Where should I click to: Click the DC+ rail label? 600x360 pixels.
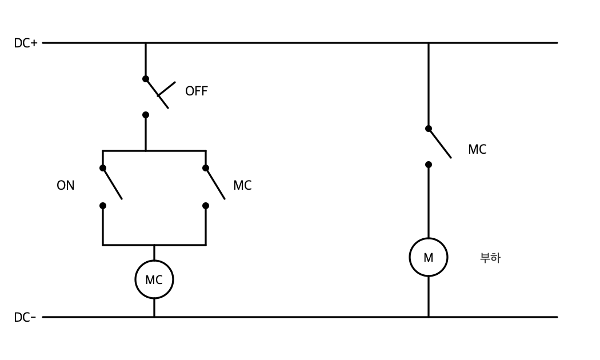point(26,43)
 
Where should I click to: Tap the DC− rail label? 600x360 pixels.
point(25,317)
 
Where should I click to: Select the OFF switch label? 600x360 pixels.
point(197,91)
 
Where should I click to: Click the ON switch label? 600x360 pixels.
point(66,185)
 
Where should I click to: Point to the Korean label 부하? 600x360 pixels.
point(490,258)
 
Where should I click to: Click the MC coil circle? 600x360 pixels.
point(154,261)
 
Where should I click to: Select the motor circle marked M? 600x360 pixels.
point(429,238)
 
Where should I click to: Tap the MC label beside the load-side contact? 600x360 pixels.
point(477,149)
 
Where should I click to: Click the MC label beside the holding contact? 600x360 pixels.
point(243,185)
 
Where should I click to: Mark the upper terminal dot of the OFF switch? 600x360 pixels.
point(145,79)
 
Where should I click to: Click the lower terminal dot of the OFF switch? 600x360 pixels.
point(145,115)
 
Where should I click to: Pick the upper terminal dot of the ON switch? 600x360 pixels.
point(102,168)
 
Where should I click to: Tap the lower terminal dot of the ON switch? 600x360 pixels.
point(102,206)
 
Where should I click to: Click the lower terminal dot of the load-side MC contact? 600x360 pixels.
point(429,165)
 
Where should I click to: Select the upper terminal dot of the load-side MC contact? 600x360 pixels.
point(429,129)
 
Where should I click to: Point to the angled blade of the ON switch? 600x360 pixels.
point(113,183)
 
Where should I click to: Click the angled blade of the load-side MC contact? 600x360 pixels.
point(440,143)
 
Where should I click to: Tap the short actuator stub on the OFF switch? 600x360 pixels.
point(167,89)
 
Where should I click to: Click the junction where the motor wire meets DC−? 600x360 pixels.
point(429,317)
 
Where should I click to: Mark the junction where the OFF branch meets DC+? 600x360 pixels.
point(145,43)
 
